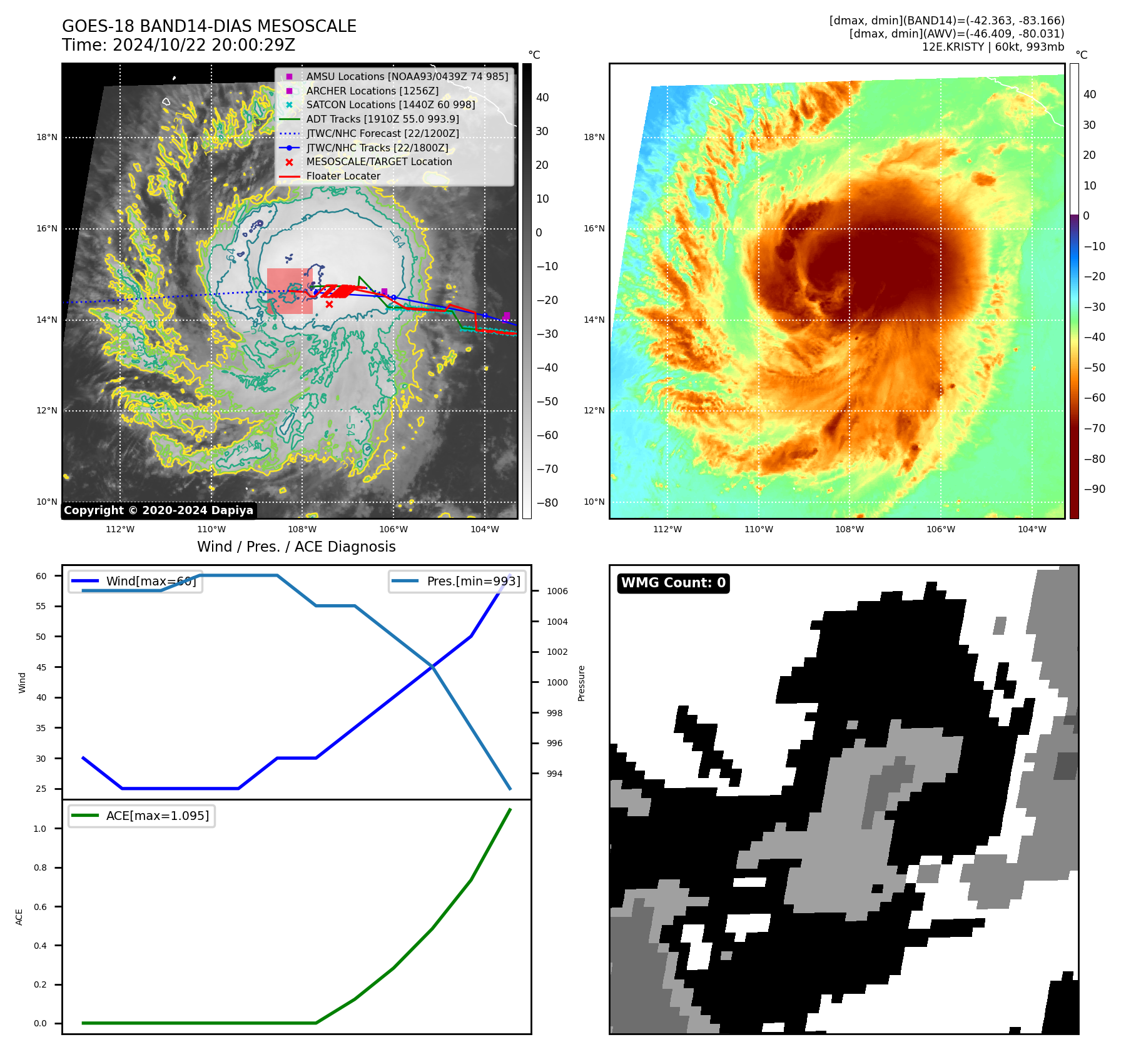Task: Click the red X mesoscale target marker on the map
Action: [x=329, y=304]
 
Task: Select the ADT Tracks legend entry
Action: [x=382, y=119]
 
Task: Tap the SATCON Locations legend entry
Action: [x=390, y=104]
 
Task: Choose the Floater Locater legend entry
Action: [x=343, y=176]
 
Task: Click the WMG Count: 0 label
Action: [x=673, y=583]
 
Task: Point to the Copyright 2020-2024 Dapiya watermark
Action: [x=158, y=510]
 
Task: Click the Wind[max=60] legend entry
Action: [x=151, y=581]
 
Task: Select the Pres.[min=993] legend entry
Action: [x=473, y=581]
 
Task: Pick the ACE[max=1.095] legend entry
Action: [x=157, y=816]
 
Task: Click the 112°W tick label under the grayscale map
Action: [x=120, y=529]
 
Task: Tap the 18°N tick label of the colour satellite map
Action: [x=594, y=137]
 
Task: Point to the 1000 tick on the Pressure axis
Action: [x=557, y=682]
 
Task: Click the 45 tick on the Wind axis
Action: [x=41, y=667]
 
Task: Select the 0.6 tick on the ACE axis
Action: [x=40, y=907]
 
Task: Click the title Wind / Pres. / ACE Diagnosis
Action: [x=296, y=547]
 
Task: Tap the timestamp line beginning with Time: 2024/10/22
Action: [x=178, y=45]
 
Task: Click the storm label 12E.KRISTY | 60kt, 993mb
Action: [x=993, y=47]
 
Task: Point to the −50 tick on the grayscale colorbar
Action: [x=547, y=402]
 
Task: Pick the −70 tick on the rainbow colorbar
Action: [x=1094, y=428]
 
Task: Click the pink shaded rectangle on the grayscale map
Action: [x=290, y=291]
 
